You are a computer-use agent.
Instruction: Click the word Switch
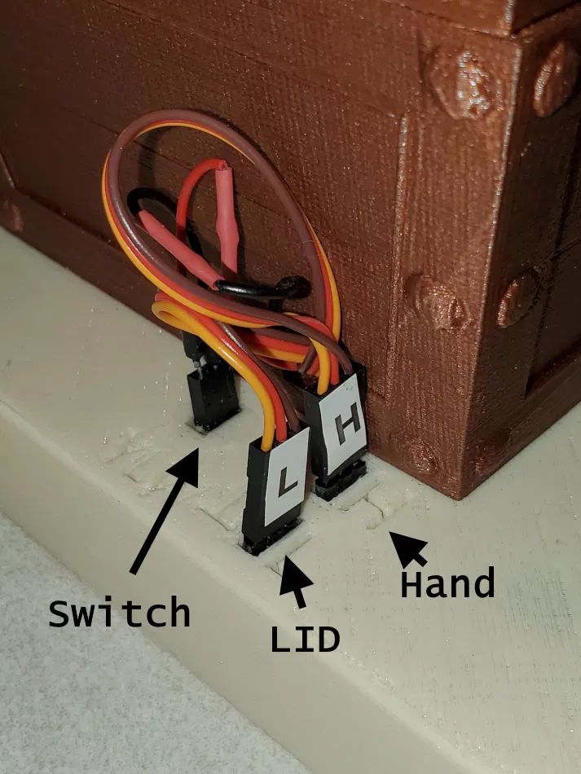coord(119,613)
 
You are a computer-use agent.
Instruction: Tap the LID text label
coord(305,640)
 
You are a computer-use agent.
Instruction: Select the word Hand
coord(447,584)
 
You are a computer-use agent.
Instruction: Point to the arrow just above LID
coord(297,579)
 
